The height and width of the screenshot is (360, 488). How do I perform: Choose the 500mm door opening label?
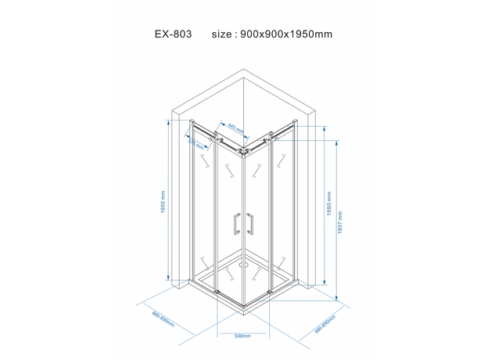[x=242, y=336]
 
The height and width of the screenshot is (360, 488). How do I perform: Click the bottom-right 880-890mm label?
[x=324, y=325]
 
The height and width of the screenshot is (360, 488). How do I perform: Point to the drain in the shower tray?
[x=243, y=265]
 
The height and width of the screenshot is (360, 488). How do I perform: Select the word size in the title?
[x=222, y=35]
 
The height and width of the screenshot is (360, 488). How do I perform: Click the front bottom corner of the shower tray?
[x=242, y=307]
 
